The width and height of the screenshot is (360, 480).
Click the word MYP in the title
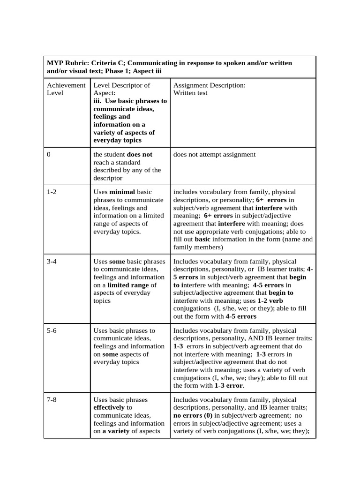(x=55, y=63)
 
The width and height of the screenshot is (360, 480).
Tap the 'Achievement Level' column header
(x=66, y=89)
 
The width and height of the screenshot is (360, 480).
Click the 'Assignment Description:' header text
(x=209, y=85)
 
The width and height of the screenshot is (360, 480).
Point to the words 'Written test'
(x=190, y=93)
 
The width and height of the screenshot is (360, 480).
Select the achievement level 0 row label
(x=49, y=154)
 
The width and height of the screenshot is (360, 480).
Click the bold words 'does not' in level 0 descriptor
(x=140, y=154)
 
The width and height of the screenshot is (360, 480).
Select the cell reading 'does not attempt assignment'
(x=214, y=154)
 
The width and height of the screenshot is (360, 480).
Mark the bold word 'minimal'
(x=122, y=192)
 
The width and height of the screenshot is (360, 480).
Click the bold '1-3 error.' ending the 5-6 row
(x=229, y=385)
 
